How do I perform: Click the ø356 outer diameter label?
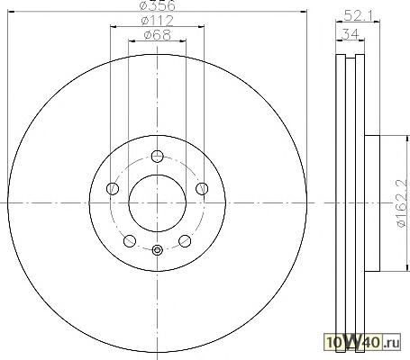click(x=158, y=5)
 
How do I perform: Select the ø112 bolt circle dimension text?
click(x=158, y=21)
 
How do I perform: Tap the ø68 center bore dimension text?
click(x=157, y=35)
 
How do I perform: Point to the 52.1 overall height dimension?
click(x=358, y=15)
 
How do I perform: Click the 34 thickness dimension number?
click(x=351, y=34)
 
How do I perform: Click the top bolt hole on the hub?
click(x=157, y=156)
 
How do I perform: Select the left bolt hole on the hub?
click(x=113, y=189)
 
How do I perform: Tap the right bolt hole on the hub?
click(x=202, y=189)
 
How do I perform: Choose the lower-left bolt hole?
click(x=130, y=241)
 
